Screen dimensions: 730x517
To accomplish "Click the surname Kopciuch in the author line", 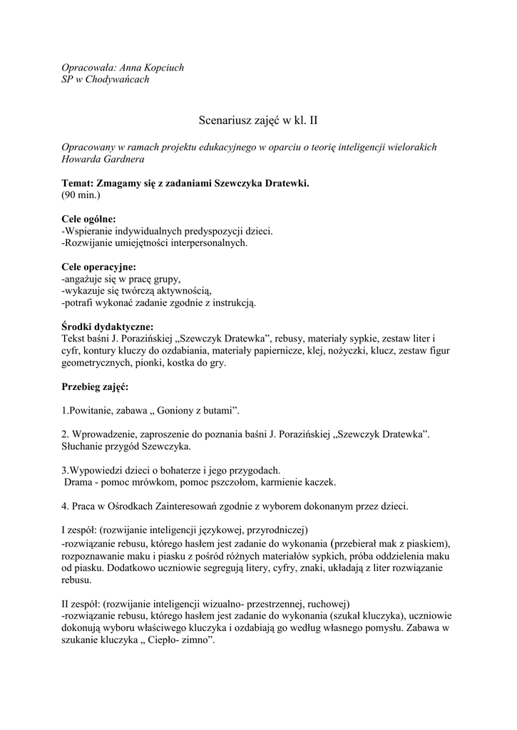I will coord(160,68).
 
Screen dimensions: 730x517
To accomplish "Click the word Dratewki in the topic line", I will coord(282,183).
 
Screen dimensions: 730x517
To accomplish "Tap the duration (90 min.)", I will coord(81,195).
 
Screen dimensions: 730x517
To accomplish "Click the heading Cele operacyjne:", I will coord(98,267).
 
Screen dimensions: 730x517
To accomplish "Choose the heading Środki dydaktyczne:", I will coord(107,327).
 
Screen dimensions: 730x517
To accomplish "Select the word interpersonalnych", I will coord(206,243).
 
